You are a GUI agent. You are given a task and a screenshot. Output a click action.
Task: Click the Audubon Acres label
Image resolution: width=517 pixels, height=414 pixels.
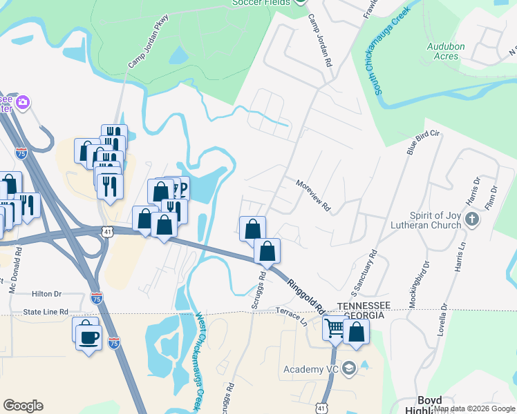click(442, 51)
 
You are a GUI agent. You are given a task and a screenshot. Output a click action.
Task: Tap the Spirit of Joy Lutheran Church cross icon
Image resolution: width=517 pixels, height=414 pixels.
click(472, 219)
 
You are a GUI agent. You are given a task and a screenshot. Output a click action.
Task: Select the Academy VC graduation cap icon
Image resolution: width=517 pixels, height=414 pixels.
click(348, 368)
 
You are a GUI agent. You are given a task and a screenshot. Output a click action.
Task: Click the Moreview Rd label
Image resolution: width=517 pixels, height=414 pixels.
click(314, 196)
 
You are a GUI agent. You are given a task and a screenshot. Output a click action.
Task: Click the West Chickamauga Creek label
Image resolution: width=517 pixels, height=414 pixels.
click(202, 359)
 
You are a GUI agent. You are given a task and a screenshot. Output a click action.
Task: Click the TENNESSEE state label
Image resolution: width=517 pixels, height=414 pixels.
click(364, 305)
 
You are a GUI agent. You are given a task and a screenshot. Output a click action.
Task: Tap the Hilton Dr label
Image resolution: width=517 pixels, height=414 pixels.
click(46, 294)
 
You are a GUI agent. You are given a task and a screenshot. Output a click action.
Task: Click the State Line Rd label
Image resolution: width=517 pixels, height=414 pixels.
click(46, 312)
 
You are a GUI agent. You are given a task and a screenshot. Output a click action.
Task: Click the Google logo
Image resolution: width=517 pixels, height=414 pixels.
click(23, 406)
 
